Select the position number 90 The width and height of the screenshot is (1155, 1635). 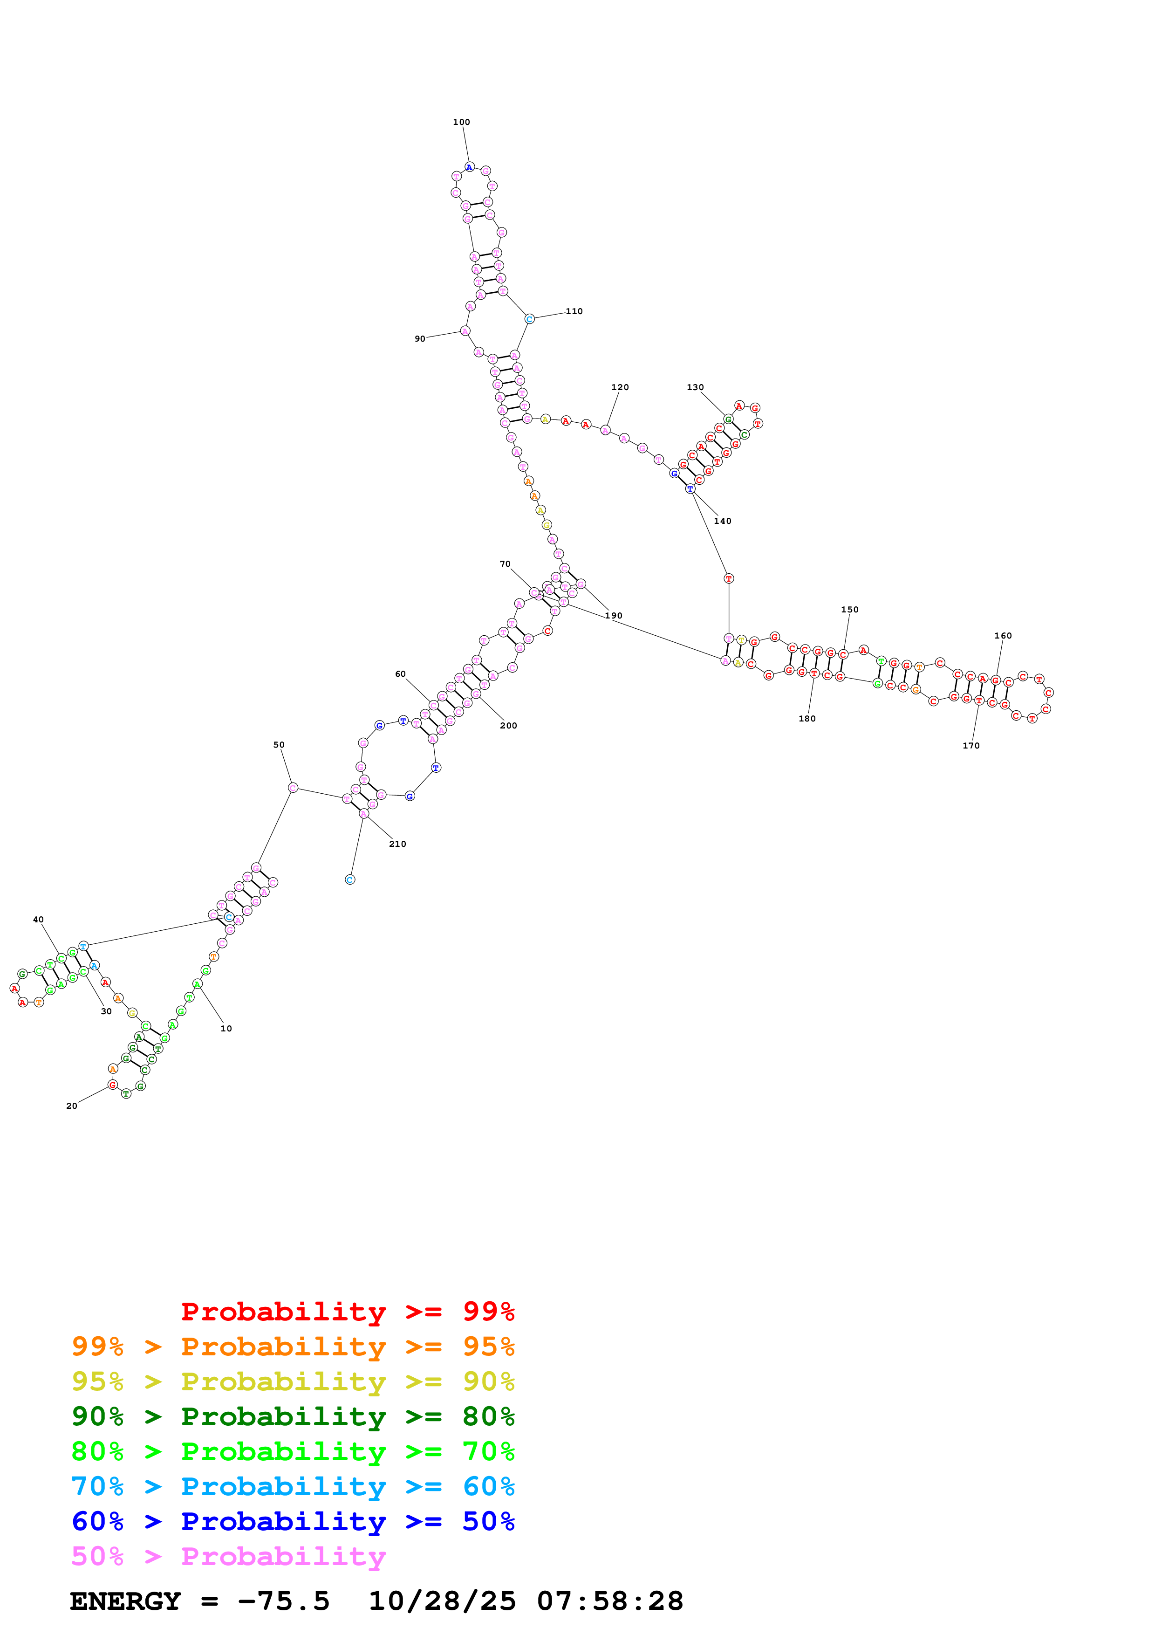[x=420, y=339]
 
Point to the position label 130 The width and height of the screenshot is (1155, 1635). [x=695, y=387]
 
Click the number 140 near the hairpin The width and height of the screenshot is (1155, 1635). [x=722, y=521]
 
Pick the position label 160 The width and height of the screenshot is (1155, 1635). [x=1002, y=636]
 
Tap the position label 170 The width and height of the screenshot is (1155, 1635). [x=970, y=746]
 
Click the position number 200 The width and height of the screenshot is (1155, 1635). [x=508, y=726]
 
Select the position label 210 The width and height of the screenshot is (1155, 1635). [x=397, y=844]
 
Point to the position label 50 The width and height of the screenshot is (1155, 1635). [x=279, y=745]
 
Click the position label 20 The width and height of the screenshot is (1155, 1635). [x=72, y=1106]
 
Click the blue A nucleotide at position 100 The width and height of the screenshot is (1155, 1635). [x=469, y=167]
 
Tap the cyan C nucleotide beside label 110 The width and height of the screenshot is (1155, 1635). [x=529, y=319]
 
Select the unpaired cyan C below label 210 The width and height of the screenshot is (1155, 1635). [x=349, y=879]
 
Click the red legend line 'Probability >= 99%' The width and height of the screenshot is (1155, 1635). [x=347, y=1311]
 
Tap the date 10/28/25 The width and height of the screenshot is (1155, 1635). [x=441, y=1601]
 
